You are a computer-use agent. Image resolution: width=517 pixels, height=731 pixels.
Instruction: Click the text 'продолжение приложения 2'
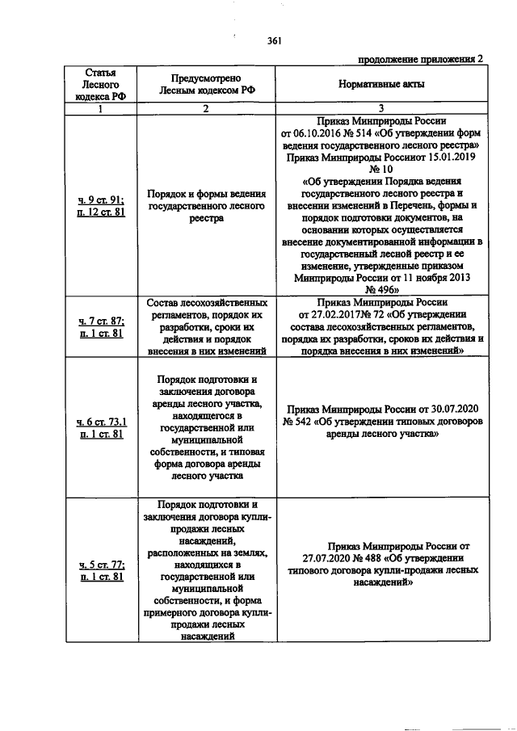pos(422,59)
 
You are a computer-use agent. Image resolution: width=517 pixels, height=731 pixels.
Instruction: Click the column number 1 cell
pos(101,108)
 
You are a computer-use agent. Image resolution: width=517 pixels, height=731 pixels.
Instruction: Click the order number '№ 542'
pos(297,421)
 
